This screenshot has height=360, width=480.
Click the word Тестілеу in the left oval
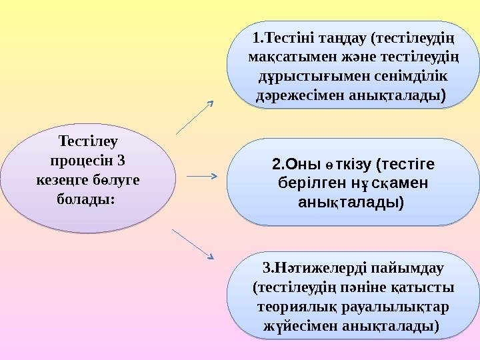pos(88,142)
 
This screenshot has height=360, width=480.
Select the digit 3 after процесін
pos(120,161)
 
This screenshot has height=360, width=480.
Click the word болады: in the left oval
pos(88,199)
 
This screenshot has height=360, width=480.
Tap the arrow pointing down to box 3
pos(193,243)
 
